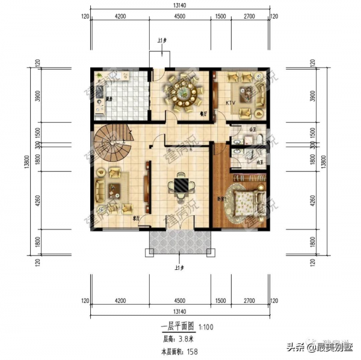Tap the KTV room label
(x=230, y=103)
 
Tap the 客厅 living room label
(x=137, y=219)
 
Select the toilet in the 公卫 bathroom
(x=258, y=137)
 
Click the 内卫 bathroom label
(x=261, y=162)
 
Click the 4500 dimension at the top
(x=179, y=16)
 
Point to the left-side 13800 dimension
(x=26, y=159)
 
